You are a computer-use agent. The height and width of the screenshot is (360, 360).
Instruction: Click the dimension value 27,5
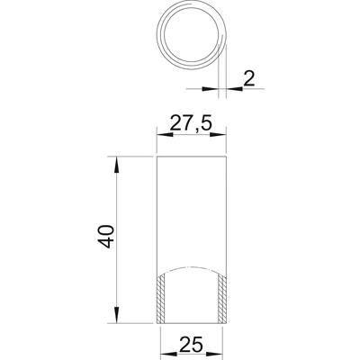click(x=191, y=124)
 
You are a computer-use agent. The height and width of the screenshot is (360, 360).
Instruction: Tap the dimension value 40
click(x=106, y=237)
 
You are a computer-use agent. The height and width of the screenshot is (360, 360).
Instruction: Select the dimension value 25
click(x=191, y=344)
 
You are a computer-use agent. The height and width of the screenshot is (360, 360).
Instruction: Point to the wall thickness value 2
click(x=248, y=79)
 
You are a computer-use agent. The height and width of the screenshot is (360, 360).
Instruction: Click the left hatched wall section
click(x=161, y=299)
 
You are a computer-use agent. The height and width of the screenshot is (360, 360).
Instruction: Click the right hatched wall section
click(x=222, y=299)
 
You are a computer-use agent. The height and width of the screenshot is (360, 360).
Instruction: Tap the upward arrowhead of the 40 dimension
click(x=117, y=165)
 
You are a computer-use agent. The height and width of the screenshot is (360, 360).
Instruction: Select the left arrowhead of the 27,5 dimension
click(x=166, y=135)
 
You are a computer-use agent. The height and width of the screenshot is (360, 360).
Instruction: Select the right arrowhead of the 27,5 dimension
click(x=218, y=135)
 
